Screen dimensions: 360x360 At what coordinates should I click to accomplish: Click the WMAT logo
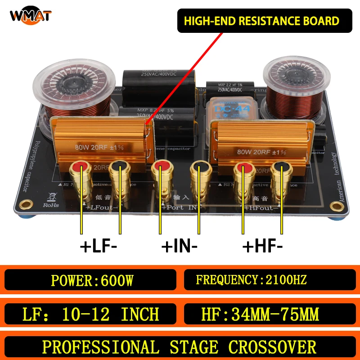click(x=31, y=16)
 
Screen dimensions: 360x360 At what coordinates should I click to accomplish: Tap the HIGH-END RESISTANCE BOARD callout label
click(x=264, y=21)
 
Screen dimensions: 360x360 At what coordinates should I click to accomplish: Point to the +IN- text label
click(x=179, y=247)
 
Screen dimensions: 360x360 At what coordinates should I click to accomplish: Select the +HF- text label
click(x=263, y=247)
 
